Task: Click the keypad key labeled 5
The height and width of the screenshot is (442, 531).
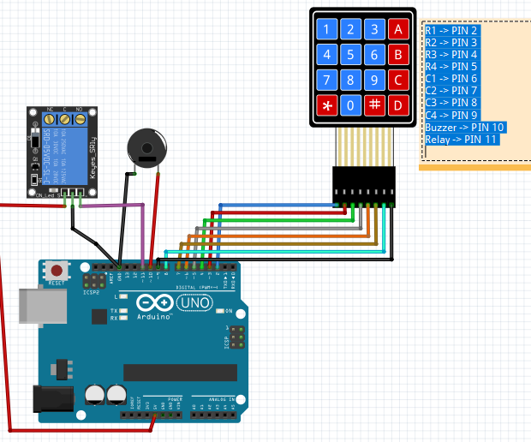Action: [349, 56]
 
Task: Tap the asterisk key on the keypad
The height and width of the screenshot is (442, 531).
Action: [325, 106]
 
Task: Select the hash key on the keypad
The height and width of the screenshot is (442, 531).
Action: [373, 106]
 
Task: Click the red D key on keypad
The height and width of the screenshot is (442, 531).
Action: [397, 106]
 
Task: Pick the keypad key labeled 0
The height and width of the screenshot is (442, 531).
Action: [349, 106]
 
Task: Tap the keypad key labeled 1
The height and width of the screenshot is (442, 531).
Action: [325, 30]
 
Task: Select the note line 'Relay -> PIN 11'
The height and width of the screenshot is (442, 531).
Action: [461, 139]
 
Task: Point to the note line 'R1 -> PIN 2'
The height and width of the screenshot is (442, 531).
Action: [451, 30]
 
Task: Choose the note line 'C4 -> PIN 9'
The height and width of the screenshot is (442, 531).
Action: [451, 115]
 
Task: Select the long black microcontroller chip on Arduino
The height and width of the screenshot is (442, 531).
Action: [180, 372]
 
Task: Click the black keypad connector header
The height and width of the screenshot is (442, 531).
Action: [364, 186]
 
